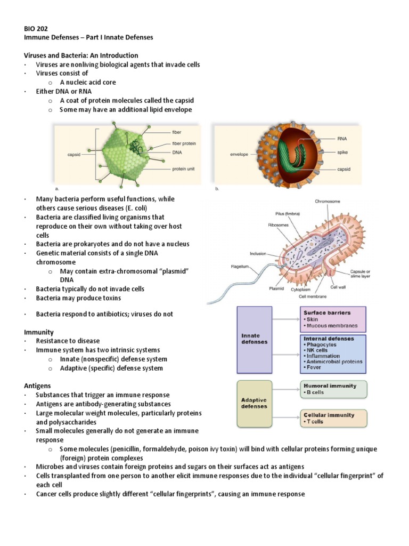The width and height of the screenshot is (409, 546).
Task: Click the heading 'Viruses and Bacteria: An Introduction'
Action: (x=81, y=55)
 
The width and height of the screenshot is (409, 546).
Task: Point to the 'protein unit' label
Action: (x=183, y=169)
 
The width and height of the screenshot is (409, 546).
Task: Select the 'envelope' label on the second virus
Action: (x=239, y=154)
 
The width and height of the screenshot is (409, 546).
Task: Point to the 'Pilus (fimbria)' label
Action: (x=284, y=213)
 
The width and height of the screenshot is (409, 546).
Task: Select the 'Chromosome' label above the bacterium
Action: (x=328, y=202)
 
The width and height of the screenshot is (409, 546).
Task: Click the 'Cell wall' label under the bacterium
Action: (x=338, y=286)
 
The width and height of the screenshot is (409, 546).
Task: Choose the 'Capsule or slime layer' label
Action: (x=364, y=274)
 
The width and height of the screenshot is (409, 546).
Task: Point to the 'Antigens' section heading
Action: (x=39, y=385)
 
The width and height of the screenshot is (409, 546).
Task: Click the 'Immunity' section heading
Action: (x=39, y=332)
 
